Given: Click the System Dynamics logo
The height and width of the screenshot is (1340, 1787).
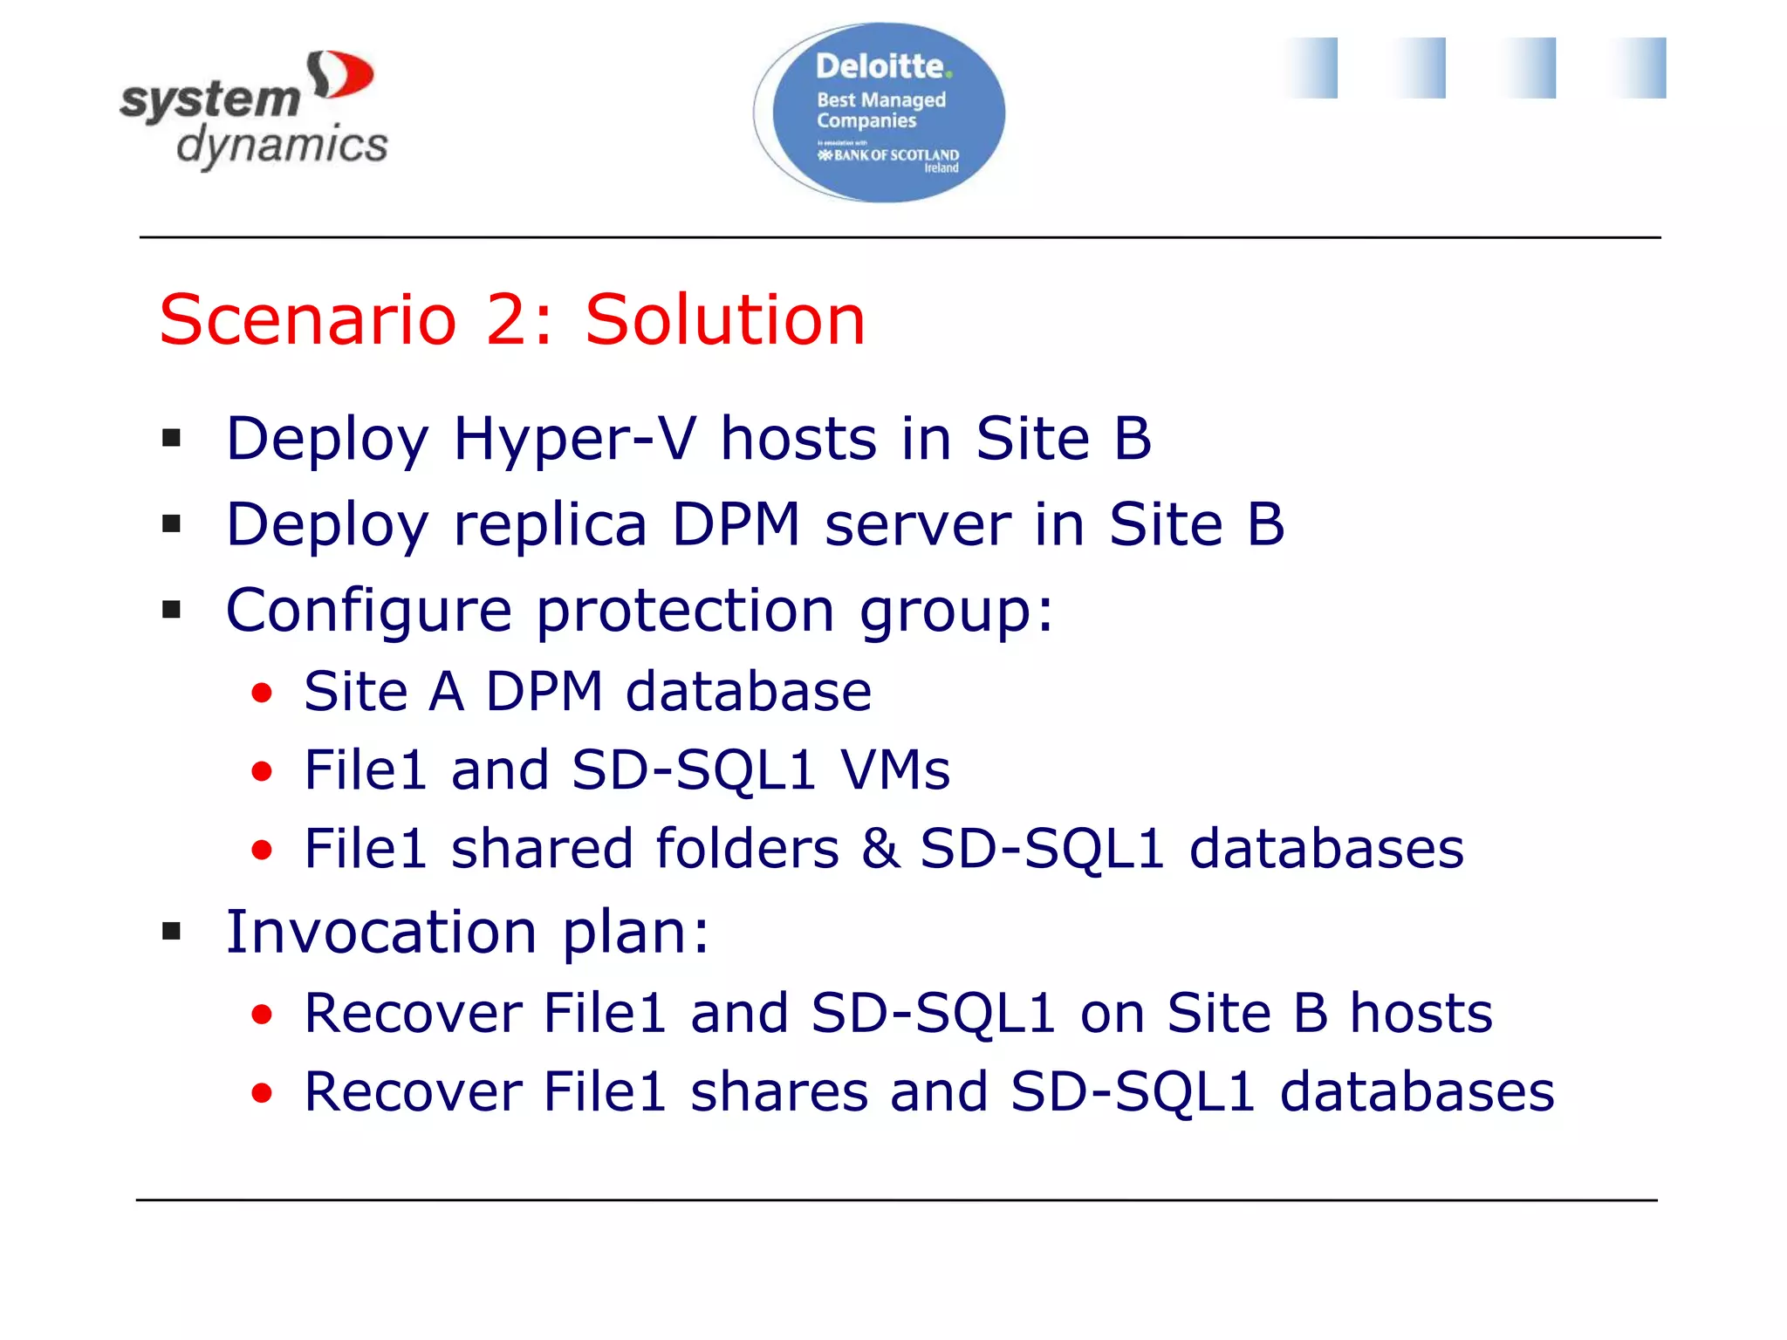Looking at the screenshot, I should pyautogui.click(x=253, y=111).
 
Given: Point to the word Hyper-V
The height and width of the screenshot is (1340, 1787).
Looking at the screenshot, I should pyautogui.click(x=575, y=439).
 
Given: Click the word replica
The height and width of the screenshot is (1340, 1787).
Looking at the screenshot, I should pyautogui.click(x=550, y=525).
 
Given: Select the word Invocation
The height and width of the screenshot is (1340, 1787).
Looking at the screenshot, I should pyautogui.click(x=381, y=932).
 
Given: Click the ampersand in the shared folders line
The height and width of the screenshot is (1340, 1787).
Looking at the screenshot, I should pyautogui.click(x=880, y=849).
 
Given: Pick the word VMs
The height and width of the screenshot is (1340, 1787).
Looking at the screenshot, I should pyautogui.click(x=894, y=770).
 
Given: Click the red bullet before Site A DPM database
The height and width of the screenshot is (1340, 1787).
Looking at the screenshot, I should pyautogui.click(x=262, y=694).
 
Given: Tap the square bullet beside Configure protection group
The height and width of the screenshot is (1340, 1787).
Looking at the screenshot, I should pyautogui.click(x=172, y=610).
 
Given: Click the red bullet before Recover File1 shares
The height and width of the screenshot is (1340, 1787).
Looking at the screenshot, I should pyautogui.click(x=262, y=1093).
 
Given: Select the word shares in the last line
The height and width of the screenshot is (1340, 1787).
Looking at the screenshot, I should pyautogui.click(x=778, y=1092).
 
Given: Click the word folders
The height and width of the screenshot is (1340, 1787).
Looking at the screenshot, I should pyautogui.click(x=747, y=849).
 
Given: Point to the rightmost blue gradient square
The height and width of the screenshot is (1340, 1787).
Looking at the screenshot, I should pyautogui.click(x=1638, y=68).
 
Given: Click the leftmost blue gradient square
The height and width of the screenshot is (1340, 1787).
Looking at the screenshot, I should pyautogui.click(x=1311, y=68).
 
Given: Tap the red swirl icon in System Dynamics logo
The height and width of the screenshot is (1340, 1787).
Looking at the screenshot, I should pyautogui.click(x=340, y=75).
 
